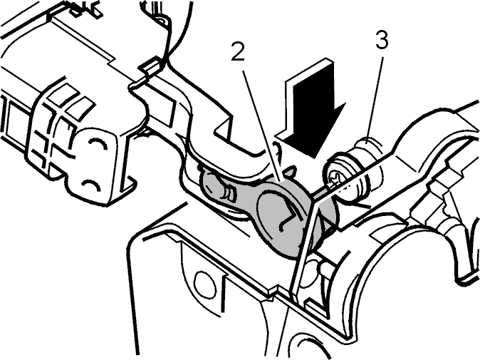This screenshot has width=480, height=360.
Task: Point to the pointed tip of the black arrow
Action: coord(315,158)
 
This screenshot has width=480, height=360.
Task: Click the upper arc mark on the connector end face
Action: coord(98,142)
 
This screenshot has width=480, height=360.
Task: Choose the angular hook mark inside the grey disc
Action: coord(289,215)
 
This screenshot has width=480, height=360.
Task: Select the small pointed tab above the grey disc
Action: coord(291,172)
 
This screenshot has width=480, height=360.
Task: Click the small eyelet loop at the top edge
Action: coord(162,22)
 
